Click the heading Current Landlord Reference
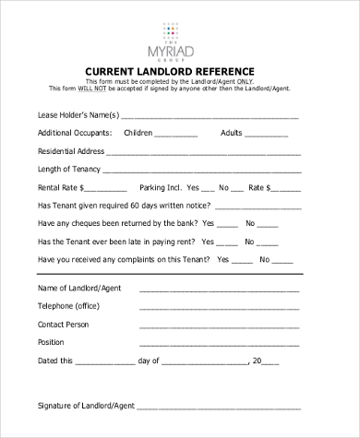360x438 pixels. pyautogui.click(x=180, y=70)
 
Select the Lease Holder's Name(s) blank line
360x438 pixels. pyautogui.click(x=210, y=117)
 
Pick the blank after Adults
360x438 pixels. pyautogui.click(x=273, y=134)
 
